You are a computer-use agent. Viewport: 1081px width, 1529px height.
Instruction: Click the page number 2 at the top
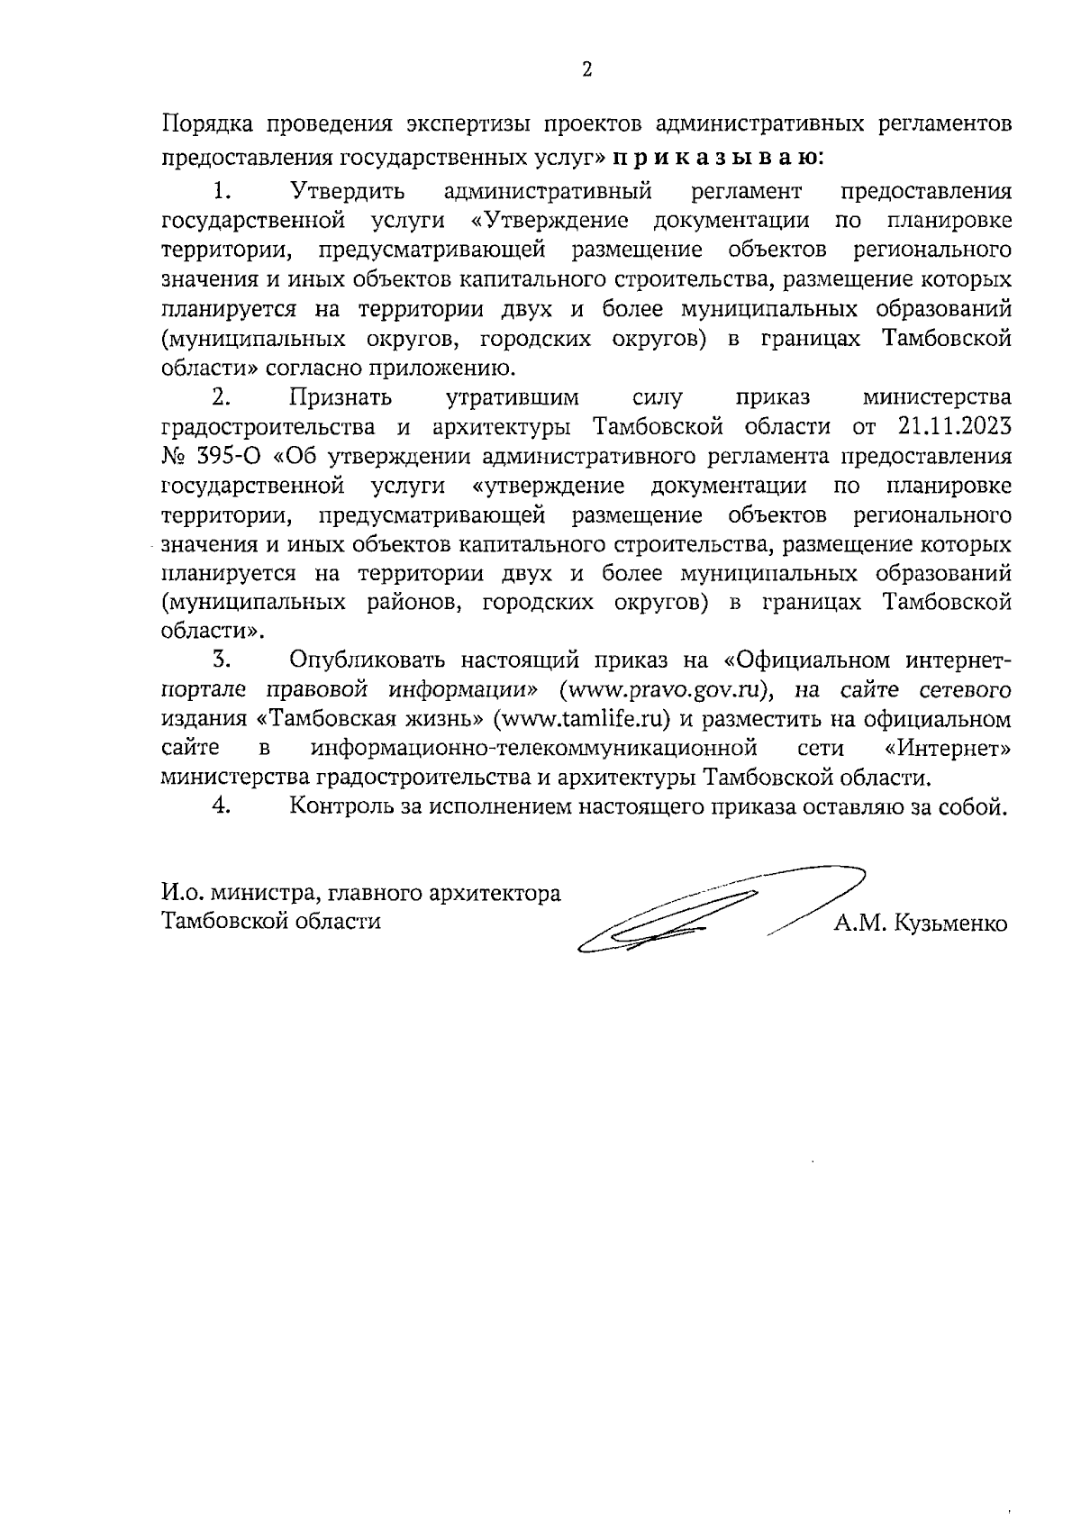[x=586, y=70]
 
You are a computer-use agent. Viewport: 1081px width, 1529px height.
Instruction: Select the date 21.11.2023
[x=954, y=426]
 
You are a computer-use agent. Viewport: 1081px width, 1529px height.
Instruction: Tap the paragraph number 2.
[x=222, y=397]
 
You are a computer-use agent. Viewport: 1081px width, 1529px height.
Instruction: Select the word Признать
[x=341, y=397]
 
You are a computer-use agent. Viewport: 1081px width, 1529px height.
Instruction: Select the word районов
[x=409, y=603]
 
